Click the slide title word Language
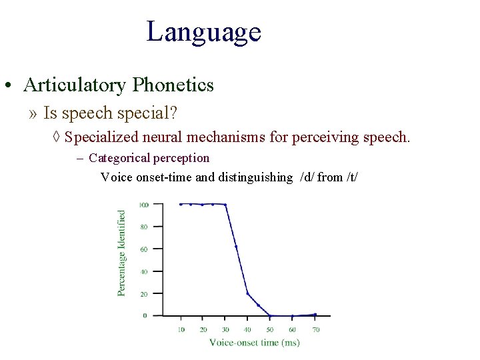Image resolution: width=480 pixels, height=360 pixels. (203, 32)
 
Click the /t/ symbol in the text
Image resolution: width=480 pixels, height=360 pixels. (353, 177)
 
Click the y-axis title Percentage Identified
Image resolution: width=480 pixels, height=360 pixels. (122, 253)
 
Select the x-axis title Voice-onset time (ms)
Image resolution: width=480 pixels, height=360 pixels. (254, 342)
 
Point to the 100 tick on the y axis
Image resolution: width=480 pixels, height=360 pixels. (143, 205)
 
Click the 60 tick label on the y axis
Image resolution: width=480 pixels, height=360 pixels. (144, 249)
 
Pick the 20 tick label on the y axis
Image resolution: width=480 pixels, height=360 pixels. (144, 293)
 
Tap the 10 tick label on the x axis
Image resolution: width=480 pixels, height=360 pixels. (181, 329)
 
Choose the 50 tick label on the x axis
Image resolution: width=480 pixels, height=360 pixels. (271, 329)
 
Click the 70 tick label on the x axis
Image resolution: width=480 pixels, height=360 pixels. (315, 329)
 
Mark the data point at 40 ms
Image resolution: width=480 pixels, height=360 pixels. (248, 293)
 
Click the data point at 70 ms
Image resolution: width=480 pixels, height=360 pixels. (315, 314)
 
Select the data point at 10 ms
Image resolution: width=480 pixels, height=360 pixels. (181, 204)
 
